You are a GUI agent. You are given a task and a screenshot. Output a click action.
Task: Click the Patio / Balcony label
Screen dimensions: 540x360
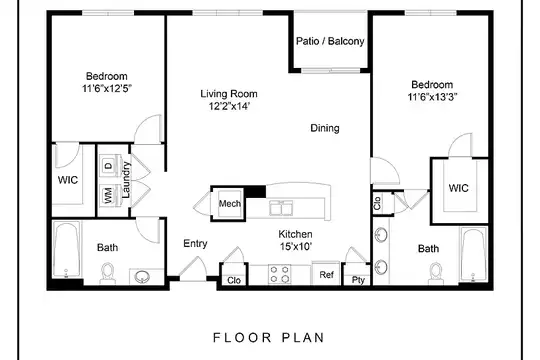(x=330, y=41)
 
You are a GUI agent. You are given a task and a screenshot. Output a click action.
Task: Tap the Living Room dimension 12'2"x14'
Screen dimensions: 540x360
(x=229, y=106)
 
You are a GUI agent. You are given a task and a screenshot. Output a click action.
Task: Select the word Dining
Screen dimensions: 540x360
(x=325, y=128)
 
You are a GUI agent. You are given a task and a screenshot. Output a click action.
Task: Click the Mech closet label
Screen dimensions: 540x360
(x=230, y=204)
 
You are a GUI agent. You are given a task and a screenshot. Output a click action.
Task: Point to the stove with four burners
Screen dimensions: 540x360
(x=280, y=274)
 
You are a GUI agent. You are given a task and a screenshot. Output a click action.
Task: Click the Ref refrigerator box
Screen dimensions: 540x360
(x=326, y=274)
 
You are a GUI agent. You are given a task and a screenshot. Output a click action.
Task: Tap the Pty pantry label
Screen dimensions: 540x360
(x=358, y=280)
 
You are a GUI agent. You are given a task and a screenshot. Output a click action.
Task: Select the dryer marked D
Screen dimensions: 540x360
(x=109, y=166)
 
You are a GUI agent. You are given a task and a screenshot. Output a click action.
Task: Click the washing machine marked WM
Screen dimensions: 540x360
(x=109, y=195)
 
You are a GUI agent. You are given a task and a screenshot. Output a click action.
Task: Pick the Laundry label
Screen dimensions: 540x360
(x=126, y=180)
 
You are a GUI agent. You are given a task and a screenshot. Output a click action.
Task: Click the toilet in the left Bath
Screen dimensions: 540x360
(x=108, y=273)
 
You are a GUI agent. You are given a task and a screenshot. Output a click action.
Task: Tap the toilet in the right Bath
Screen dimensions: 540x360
(x=436, y=273)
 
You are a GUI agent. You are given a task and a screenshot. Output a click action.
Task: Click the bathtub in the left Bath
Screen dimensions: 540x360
(x=67, y=250)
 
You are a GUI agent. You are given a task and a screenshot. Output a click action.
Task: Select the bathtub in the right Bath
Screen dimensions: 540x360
(x=474, y=255)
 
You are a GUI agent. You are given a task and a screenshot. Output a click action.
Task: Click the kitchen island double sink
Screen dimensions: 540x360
(x=281, y=208)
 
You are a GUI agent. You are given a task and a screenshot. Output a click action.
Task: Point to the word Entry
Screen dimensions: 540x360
(x=195, y=244)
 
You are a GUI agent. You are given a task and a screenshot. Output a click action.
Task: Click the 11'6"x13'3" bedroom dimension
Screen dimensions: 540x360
(x=432, y=97)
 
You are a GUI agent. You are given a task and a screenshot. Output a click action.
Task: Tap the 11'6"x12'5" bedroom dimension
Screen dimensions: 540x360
(x=107, y=89)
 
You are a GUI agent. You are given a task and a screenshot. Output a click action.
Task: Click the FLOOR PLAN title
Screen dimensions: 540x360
(x=269, y=338)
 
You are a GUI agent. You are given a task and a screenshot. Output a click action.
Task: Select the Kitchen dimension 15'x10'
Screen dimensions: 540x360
(x=296, y=247)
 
